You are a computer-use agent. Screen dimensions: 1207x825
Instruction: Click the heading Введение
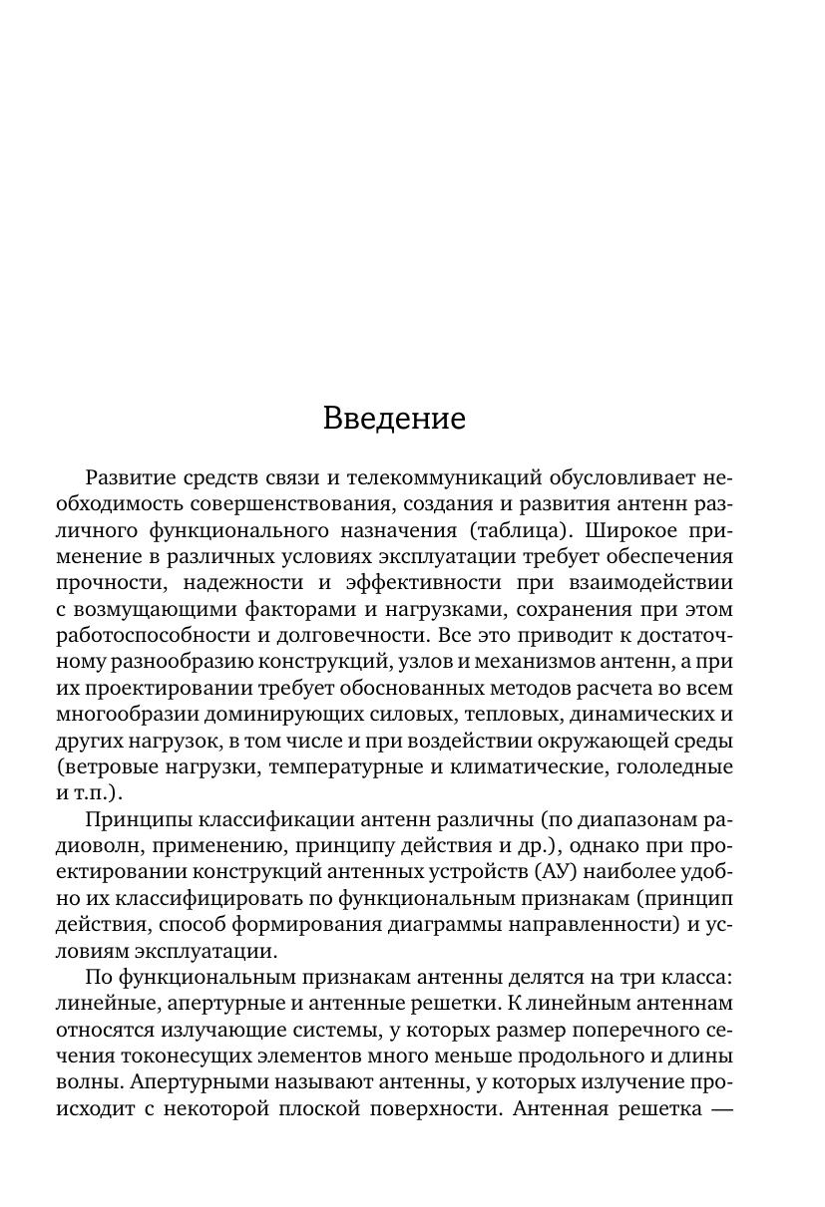tap(394, 418)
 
